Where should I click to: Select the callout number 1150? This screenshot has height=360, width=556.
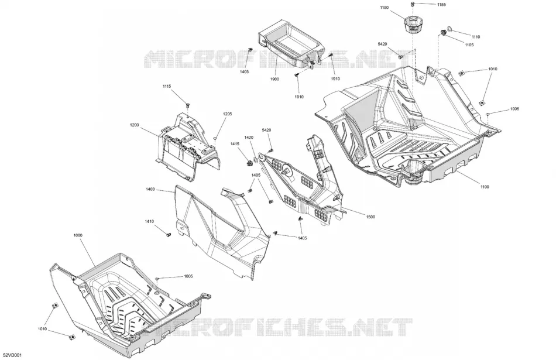(385, 8)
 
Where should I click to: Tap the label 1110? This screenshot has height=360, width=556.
(475, 37)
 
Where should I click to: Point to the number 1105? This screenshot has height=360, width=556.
(469, 45)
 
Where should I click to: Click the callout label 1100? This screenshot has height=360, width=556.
(485, 187)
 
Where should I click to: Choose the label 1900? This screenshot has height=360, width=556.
(274, 79)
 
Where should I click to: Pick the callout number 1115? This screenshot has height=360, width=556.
(167, 86)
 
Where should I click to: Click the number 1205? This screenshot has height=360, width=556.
(227, 114)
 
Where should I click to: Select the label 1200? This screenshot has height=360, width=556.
(135, 125)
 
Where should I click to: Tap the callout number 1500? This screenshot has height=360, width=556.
(370, 217)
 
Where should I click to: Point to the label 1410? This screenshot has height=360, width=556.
(149, 222)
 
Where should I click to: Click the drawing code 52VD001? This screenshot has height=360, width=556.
(12, 355)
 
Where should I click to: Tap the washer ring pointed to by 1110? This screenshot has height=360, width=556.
(449, 29)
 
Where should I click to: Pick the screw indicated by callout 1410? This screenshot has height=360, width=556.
(168, 235)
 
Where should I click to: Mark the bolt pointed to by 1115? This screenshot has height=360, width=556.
(188, 105)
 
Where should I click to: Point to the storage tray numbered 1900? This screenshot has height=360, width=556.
(291, 44)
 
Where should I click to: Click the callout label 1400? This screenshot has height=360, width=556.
(150, 190)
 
